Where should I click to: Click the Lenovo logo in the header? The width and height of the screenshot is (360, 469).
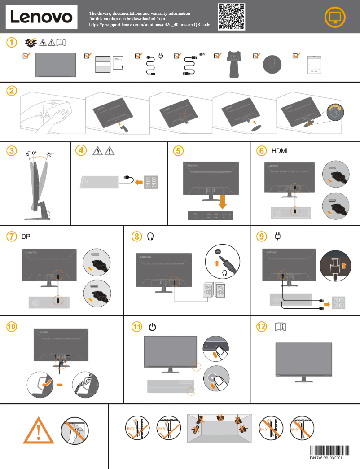point(41,17)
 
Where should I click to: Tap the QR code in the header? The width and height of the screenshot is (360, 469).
point(232,17)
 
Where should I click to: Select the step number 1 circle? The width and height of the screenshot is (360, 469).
point(12,43)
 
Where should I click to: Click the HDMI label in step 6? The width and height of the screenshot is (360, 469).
point(279,151)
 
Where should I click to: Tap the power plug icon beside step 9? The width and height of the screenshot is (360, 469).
point(277,236)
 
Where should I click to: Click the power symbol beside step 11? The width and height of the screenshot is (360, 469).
point(153,327)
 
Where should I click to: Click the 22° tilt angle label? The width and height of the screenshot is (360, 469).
point(49,154)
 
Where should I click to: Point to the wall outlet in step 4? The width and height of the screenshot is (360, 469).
point(151,181)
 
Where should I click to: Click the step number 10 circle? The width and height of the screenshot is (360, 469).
point(12,327)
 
